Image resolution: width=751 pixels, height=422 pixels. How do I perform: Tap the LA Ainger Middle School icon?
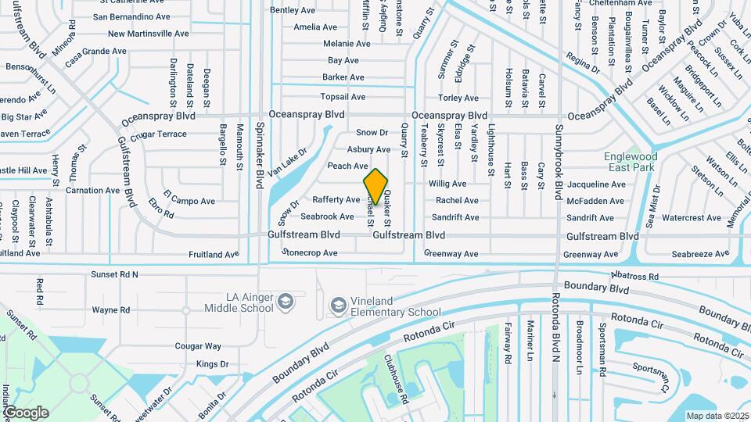tap(286, 302)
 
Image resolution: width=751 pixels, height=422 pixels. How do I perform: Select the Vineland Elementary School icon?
tap(338, 303)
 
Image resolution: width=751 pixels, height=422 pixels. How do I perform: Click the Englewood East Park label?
tap(630, 162)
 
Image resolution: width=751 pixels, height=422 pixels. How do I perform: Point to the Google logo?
tap(26, 412)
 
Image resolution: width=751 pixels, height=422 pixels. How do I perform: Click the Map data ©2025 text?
tap(717, 415)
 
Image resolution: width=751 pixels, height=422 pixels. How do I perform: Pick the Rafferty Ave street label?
tap(336, 200)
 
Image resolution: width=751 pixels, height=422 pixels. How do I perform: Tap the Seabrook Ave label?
tap(327, 216)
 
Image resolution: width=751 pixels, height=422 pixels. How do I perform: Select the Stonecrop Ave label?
tap(309, 253)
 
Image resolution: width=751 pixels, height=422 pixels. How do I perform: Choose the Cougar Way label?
tap(198, 345)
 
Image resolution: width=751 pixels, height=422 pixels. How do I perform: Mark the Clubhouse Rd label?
tap(395, 380)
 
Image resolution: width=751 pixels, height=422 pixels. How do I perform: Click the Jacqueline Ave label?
tap(596, 184)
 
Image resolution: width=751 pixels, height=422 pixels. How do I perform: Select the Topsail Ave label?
tap(343, 97)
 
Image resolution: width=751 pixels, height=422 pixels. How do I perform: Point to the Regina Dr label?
tap(583, 64)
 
